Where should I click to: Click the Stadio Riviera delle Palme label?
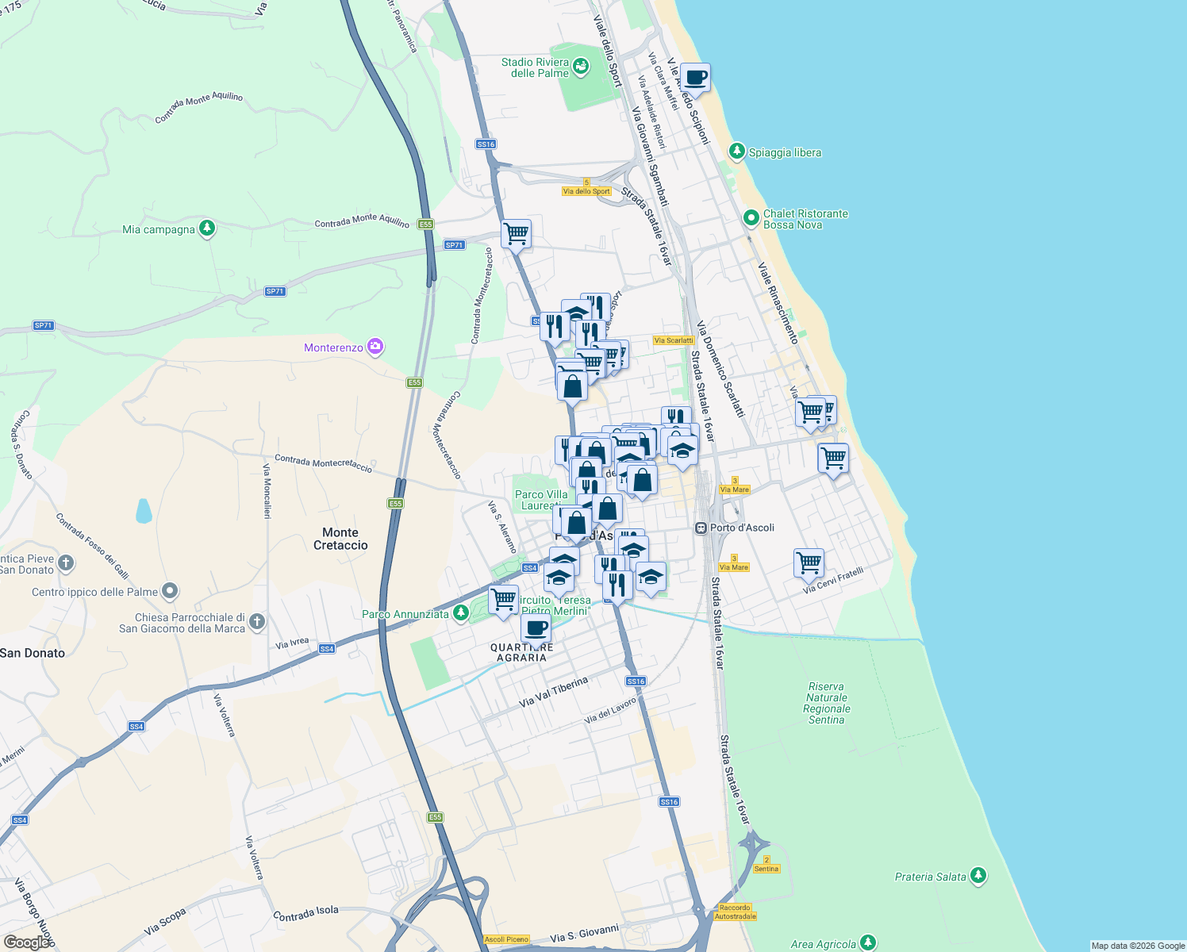click(535, 67)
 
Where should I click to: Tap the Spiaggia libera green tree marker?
click(737, 152)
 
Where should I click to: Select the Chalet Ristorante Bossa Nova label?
click(805, 219)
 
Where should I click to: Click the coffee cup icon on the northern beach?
click(695, 79)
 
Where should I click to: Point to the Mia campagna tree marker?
click(207, 228)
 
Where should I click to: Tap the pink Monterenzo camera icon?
click(375, 347)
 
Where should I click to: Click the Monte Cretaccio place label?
click(340, 539)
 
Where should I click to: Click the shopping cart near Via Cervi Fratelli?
click(809, 562)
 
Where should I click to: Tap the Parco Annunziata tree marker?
click(461, 613)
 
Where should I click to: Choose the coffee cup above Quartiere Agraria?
click(536, 629)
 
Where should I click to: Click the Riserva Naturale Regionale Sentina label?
click(826, 703)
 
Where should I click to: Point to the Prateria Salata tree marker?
click(978, 875)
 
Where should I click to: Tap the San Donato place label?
click(33, 653)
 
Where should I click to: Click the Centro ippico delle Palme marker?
click(170, 591)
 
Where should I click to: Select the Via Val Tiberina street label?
click(554, 692)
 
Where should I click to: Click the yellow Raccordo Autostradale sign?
click(735, 912)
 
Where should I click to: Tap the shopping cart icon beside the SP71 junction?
click(516, 234)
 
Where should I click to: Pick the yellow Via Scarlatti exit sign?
click(674, 340)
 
